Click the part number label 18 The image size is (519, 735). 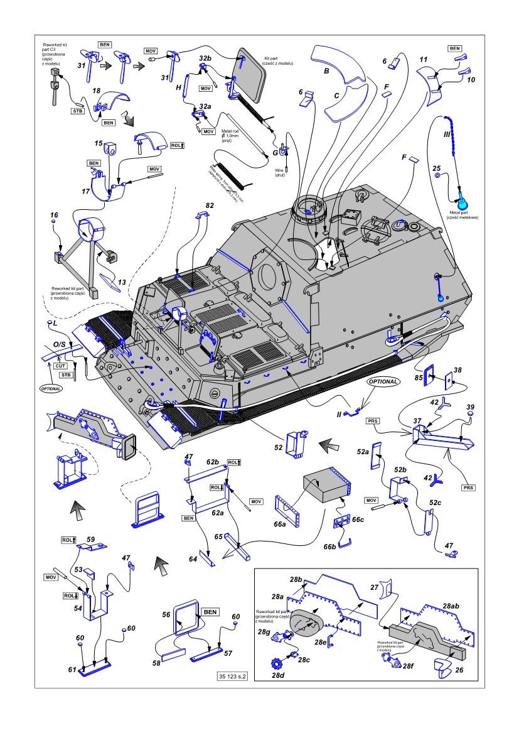97,91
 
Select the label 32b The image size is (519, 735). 205,58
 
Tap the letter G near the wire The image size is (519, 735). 275,152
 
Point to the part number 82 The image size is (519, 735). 209,205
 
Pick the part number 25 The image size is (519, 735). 437,168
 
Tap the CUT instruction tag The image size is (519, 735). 61,365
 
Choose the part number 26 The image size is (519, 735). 459,670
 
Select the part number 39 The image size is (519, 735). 471,407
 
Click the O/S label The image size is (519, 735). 59,345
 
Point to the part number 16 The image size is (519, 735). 54,215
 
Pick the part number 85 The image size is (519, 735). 418,378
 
